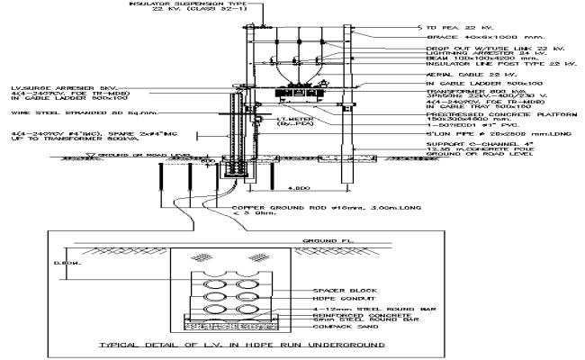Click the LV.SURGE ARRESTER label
click(x=54, y=87)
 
